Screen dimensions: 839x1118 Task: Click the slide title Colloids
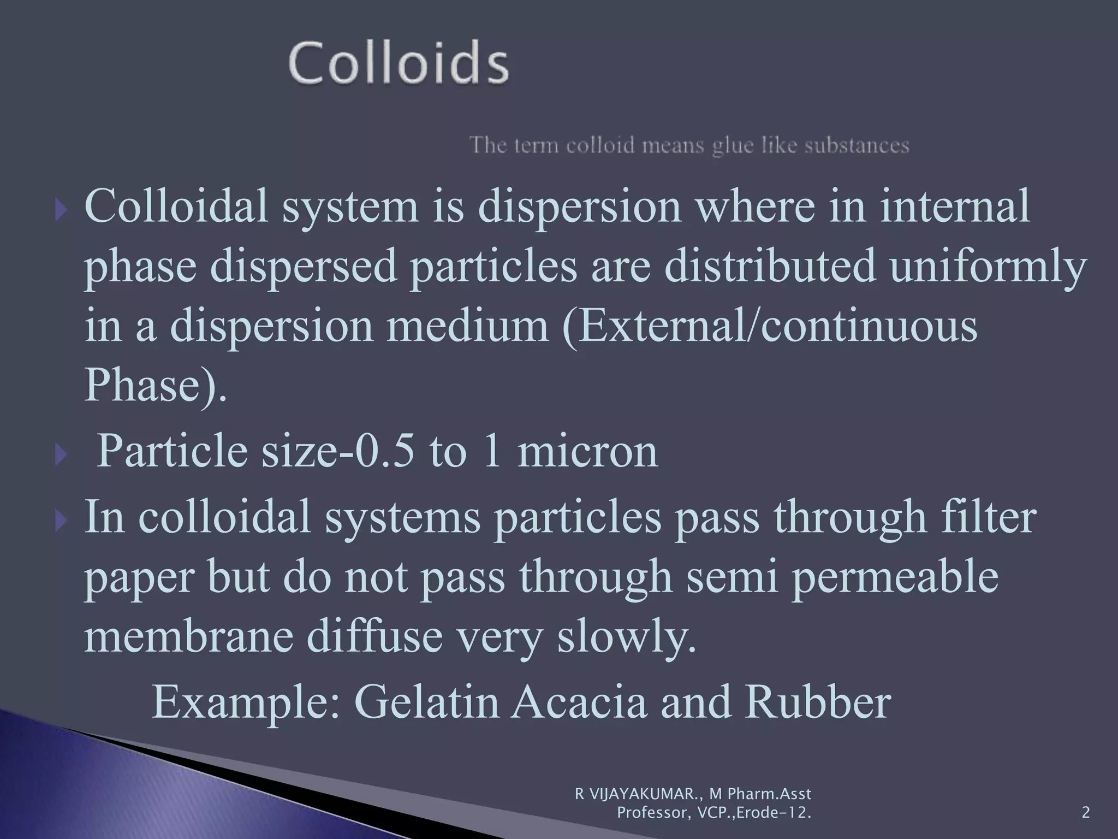click(x=399, y=64)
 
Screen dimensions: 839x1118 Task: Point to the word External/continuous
click(x=770, y=327)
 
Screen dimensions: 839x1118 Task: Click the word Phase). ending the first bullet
click(x=156, y=385)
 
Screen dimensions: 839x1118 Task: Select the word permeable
click(x=895, y=577)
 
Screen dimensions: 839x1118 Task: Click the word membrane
click(x=188, y=636)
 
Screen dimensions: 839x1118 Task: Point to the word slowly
click(x=627, y=637)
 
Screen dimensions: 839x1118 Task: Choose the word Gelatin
click(x=426, y=702)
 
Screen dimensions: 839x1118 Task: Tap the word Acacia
click(x=579, y=702)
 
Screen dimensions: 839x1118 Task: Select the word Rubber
click(x=818, y=702)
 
